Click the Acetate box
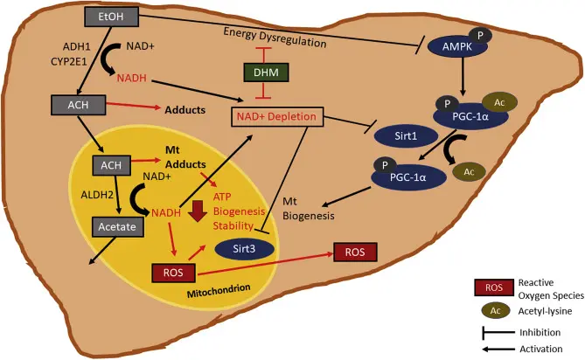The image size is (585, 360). (115, 227)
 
